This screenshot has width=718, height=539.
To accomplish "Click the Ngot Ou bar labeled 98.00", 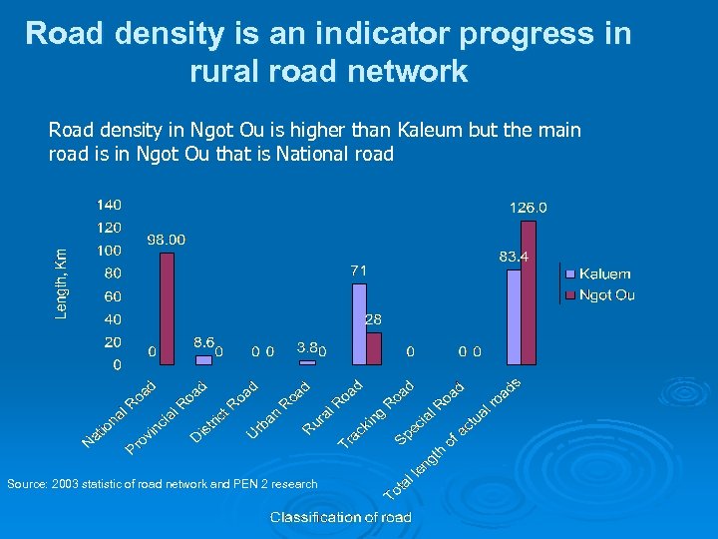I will coord(167,308).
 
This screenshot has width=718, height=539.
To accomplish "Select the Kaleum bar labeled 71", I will coord(359,324).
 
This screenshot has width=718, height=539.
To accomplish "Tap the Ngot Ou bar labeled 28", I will coord(374,348).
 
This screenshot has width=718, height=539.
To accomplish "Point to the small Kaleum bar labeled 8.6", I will coord(203,359).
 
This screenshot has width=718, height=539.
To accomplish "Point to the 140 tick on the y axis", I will coord(109,204).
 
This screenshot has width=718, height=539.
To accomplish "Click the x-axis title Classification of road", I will coord(340,517).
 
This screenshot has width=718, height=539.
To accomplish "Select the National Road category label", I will coord(119,413).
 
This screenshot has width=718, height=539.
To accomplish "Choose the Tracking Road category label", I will coord(376,415).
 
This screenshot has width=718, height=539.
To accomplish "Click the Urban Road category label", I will coord(279,408).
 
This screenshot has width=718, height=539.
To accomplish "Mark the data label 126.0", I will coord(529,208).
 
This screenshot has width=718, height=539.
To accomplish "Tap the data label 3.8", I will coord(308,347).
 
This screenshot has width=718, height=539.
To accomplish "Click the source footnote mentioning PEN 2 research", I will coord(163,484).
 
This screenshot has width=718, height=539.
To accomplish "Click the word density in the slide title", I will coord(169,34).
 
